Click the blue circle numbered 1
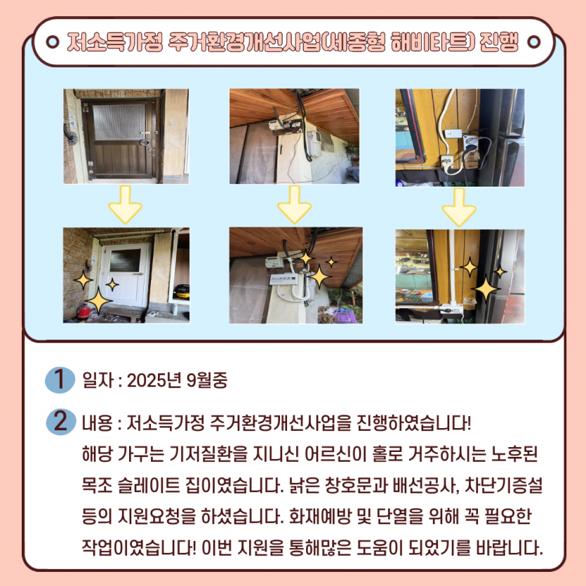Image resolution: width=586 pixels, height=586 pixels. pyautogui.click(x=60, y=380)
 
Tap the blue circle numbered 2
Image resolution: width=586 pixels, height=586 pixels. pyautogui.click(x=61, y=422)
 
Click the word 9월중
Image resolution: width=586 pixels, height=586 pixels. pyautogui.click(x=206, y=380)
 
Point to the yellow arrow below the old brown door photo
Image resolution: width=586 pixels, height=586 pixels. pyautogui.click(x=125, y=204)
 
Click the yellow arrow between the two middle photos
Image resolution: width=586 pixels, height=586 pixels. pyautogui.click(x=295, y=204)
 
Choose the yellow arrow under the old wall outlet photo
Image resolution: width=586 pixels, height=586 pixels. pyautogui.click(x=459, y=207)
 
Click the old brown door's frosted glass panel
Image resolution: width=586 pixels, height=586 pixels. pyautogui.click(x=119, y=122)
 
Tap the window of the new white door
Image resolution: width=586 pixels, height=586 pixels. pyautogui.click(x=125, y=260)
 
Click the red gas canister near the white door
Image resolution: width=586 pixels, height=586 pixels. pyautogui.click(x=84, y=312)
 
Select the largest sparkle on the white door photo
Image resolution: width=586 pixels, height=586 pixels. pyautogui.click(x=98, y=300)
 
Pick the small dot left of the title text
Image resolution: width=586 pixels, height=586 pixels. pyautogui.click(x=53, y=42)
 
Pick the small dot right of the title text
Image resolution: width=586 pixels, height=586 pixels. pyautogui.click(x=533, y=42)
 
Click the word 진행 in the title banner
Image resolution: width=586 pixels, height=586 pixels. pyautogui.click(x=498, y=42)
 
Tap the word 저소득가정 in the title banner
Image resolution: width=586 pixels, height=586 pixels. pyautogui.click(x=115, y=42)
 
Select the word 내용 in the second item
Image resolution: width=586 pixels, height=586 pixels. pyautogui.click(x=98, y=423)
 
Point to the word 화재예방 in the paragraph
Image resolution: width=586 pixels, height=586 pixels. pyautogui.click(x=320, y=517)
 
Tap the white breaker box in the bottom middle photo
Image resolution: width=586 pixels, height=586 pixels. pyautogui.click(x=284, y=279)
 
